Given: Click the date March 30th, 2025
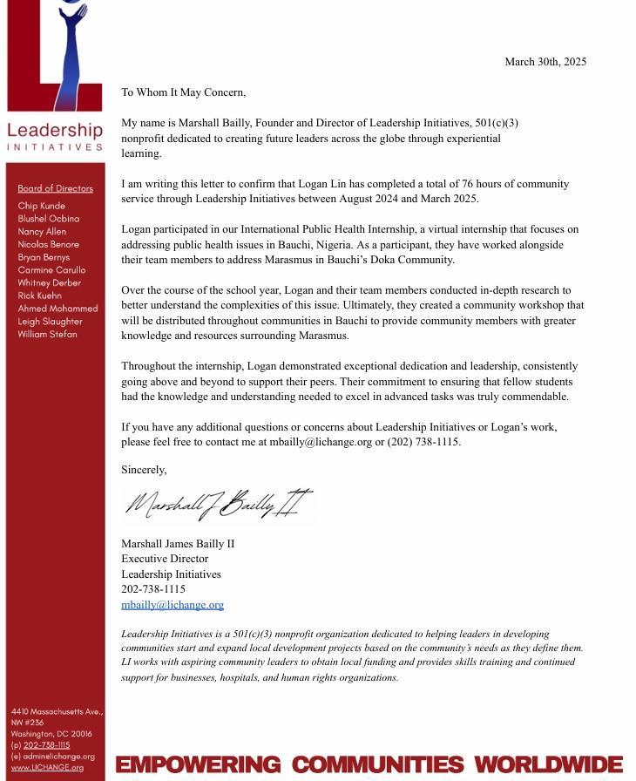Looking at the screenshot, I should (545, 62).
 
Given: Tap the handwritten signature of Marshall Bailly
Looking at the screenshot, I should (218, 504).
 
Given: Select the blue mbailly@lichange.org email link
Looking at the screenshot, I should (173, 604).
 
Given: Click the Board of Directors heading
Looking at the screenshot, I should (55, 188).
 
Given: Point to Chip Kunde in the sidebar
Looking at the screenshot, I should (41, 206).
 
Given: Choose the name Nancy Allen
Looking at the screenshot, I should (42, 232).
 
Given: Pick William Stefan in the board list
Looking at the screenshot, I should (47, 334).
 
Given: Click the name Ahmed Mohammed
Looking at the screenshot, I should (58, 309).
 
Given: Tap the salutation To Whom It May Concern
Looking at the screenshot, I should (183, 92).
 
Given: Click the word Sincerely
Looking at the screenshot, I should (144, 470).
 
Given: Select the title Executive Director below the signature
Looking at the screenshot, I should (165, 559).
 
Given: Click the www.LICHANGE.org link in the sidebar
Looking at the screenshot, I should (47, 767).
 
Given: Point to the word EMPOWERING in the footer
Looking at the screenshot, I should (198, 765).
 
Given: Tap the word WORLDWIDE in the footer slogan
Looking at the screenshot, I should (548, 765).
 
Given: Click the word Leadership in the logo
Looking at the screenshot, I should (55, 131).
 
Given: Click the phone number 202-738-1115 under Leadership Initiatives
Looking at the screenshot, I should (153, 589).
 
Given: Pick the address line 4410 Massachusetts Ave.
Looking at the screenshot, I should (57, 712).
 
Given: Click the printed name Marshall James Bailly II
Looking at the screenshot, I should (178, 544).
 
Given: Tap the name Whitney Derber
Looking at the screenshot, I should (49, 283).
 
